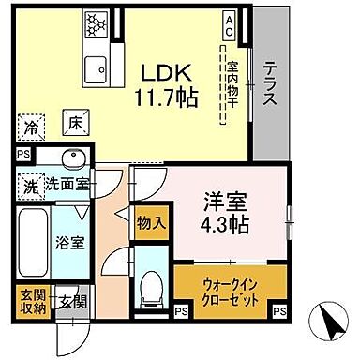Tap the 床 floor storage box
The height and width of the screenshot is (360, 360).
pyautogui.click(x=74, y=121)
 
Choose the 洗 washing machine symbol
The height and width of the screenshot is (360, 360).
pyautogui.click(x=29, y=185)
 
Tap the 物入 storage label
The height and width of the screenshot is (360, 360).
pyautogui.click(x=150, y=223)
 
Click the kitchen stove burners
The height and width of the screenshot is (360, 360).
pyautogui.click(x=96, y=22)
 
